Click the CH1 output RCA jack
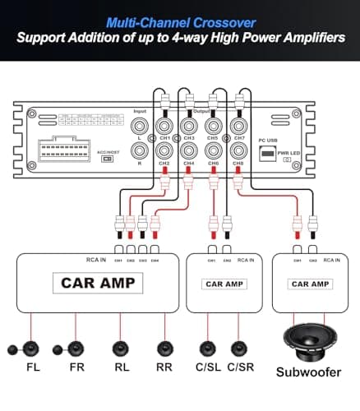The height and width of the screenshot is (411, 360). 164,126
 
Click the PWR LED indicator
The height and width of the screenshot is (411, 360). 287,159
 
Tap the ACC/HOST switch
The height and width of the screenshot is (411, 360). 107,159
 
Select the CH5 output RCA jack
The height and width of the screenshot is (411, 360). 213,126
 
